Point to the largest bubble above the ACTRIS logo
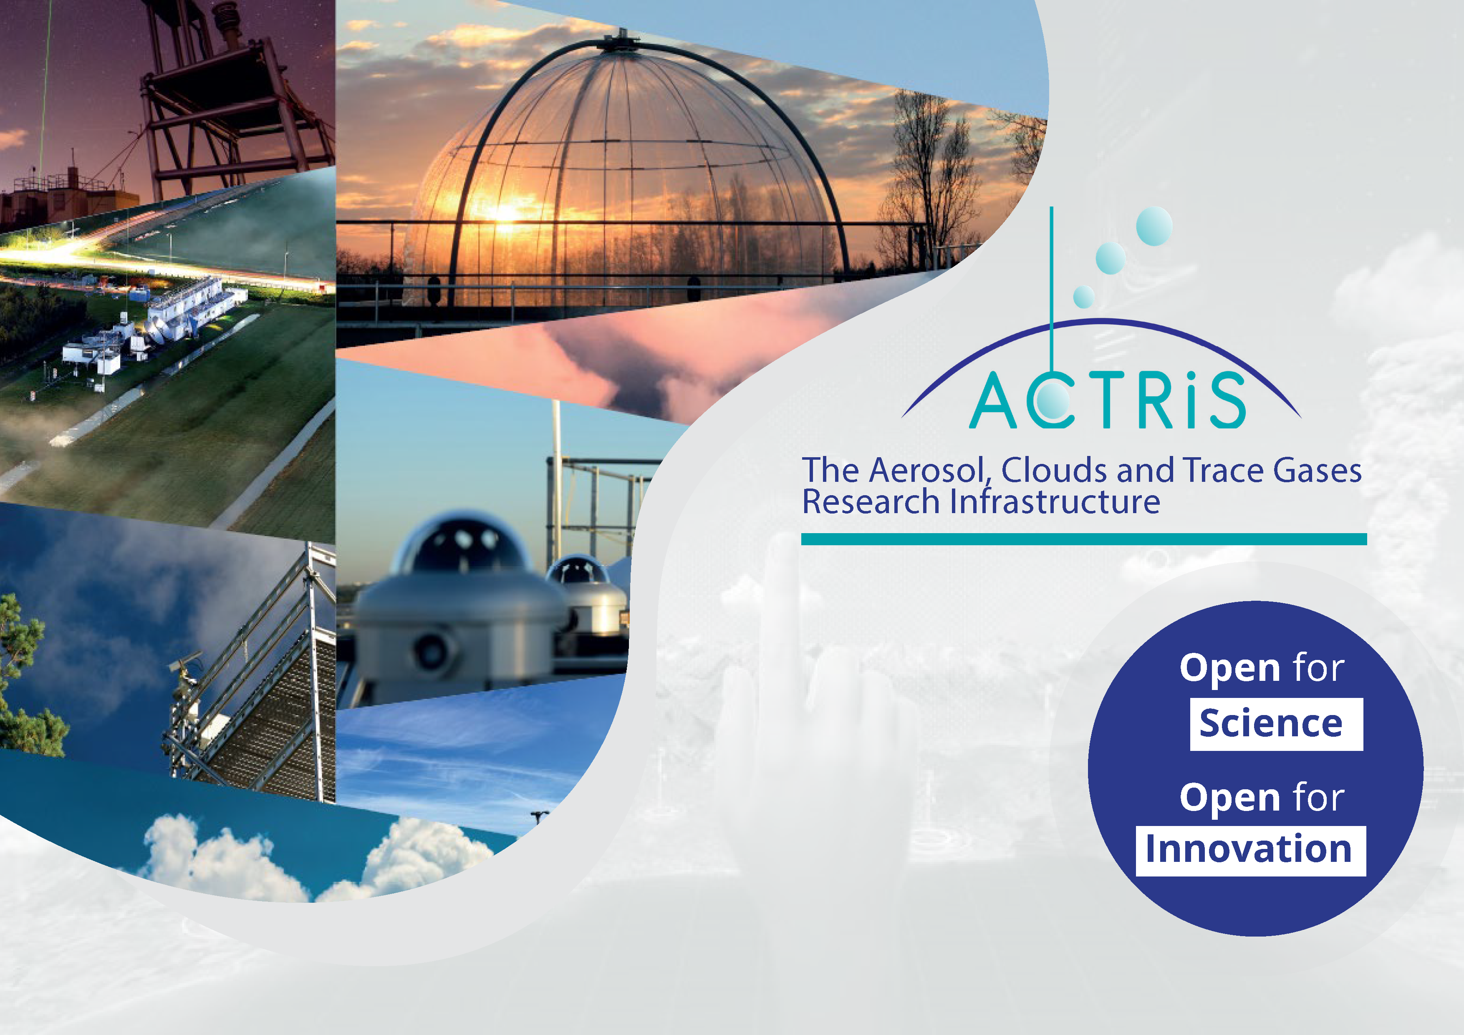(1154, 226)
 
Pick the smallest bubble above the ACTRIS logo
(1084, 296)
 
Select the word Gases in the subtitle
(1318, 470)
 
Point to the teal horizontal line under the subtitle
(1084, 539)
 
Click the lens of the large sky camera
(433, 650)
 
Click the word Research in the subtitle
(871, 501)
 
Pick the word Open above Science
(1230, 669)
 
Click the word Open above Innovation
(1230, 798)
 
